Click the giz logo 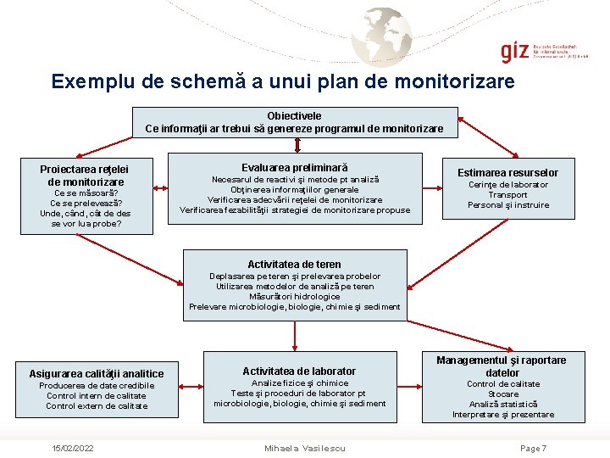point(513,51)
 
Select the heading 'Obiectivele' point(294,115)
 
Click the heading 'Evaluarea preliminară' point(294,168)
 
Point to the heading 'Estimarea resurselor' point(508,173)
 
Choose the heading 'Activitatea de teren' point(294,265)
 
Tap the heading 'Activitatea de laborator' point(299,371)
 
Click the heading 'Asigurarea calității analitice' point(97,374)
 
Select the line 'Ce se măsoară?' point(84,193)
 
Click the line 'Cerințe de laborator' point(508,185)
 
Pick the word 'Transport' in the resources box point(508,195)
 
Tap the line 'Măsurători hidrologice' point(295,297)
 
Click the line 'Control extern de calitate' point(97,406)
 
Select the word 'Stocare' point(503,394)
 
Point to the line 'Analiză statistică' point(503,405)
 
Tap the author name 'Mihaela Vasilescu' point(304,448)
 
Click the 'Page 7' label point(533,448)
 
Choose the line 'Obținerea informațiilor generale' point(295,190)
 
